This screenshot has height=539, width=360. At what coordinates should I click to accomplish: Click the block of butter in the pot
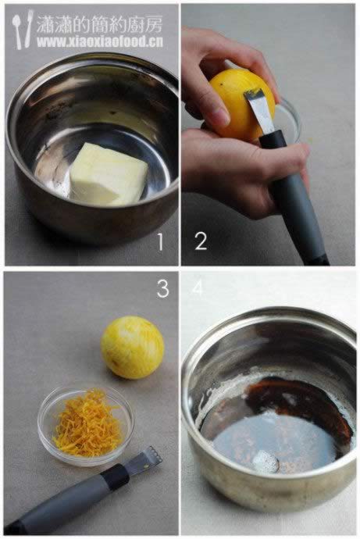(109, 174)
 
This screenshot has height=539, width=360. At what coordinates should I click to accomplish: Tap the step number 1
(160, 241)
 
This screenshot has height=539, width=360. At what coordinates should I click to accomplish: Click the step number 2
(201, 241)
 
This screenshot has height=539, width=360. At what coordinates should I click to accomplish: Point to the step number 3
(163, 288)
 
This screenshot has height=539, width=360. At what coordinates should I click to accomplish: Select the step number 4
(197, 287)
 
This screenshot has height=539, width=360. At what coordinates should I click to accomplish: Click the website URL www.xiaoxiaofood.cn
(100, 42)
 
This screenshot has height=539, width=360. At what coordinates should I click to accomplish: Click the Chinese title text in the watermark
(99, 24)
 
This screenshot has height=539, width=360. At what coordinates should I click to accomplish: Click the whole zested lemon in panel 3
(132, 348)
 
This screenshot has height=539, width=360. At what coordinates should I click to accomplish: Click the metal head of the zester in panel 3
(144, 458)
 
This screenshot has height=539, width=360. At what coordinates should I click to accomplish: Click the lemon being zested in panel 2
(241, 103)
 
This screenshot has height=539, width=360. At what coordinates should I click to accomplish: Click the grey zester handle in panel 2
(295, 203)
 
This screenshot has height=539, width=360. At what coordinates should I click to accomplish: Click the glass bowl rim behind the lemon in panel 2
(292, 119)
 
